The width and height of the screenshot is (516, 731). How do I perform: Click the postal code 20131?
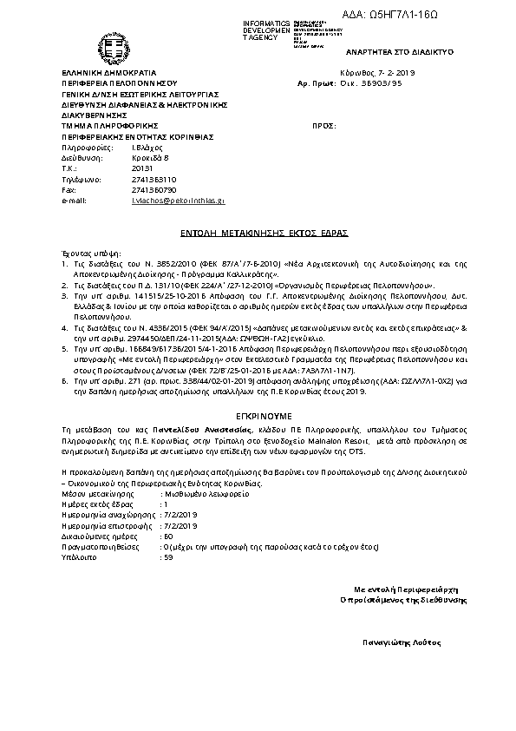[141, 168]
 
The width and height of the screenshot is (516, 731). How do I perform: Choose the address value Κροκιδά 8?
[148, 158]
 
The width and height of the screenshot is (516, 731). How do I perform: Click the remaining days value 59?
[169, 556]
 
